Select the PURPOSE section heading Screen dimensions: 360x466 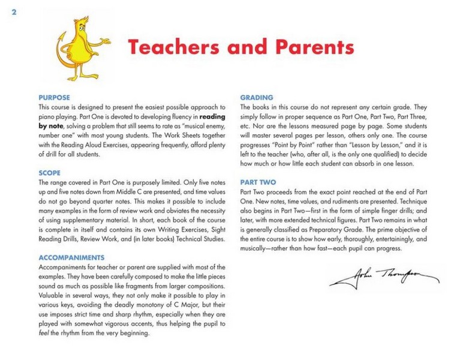pyautogui.click(x=54, y=97)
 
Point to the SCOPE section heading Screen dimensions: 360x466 pyautogui.click(x=50, y=173)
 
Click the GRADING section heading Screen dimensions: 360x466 pyautogui.click(x=257, y=97)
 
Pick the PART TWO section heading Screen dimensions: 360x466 pyautogui.click(x=258, y=181)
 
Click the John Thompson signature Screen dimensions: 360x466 pyautogui.click(x=384, y=277)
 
